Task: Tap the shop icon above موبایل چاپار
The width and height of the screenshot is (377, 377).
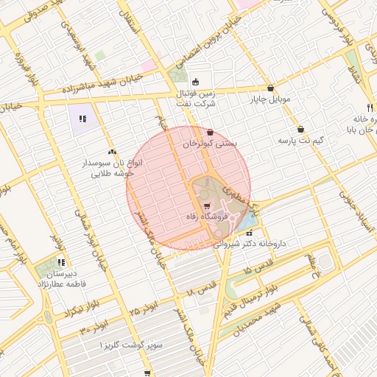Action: tap(271, 88)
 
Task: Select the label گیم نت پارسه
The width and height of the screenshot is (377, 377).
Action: tap(300, 140)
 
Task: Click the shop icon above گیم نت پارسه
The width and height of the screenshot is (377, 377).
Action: tap(300, 129)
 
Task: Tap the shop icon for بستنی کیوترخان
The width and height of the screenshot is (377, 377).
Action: tap(212, 133)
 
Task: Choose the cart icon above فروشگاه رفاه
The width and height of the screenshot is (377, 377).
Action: tap(207, 205)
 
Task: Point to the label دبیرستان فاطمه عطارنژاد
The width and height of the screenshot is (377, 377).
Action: tap(62, 278)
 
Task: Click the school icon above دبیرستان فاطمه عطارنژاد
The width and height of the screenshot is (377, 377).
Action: tap(62, 261)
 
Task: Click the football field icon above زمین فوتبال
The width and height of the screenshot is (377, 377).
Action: tap(195, 82)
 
